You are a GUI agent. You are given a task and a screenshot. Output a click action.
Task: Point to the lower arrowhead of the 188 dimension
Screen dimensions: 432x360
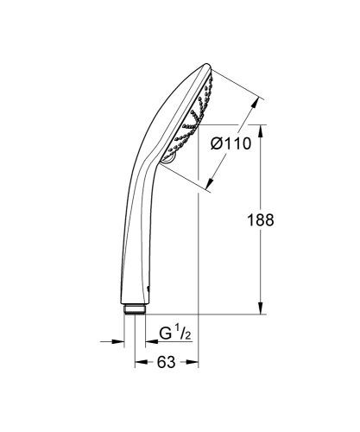pyautogui.click(x=262, y=313)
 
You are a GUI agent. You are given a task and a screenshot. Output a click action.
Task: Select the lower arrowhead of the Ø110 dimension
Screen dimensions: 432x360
pyautogui.click(x=210, y=184)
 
